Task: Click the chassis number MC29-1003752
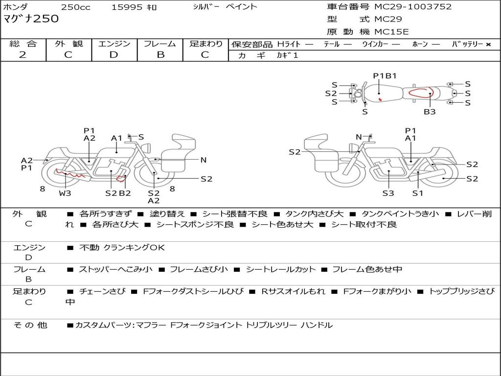[413, 7]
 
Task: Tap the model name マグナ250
[31, 19]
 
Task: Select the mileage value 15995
[127, 7]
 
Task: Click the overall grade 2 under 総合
[23, 55]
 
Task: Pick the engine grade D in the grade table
[114, 55]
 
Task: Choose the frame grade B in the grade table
[160, 55]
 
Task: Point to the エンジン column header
[114, 44]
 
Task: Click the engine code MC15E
[391, 32]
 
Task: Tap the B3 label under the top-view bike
[430, 112]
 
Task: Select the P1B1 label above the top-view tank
[385, 75]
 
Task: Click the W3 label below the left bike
[65, 193]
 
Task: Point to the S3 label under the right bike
[388, 193]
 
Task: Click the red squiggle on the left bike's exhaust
[71, 173]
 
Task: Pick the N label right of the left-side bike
[204, 160]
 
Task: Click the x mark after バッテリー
[488, 44]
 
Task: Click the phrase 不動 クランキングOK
[122, 247]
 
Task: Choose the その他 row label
[30, 325]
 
